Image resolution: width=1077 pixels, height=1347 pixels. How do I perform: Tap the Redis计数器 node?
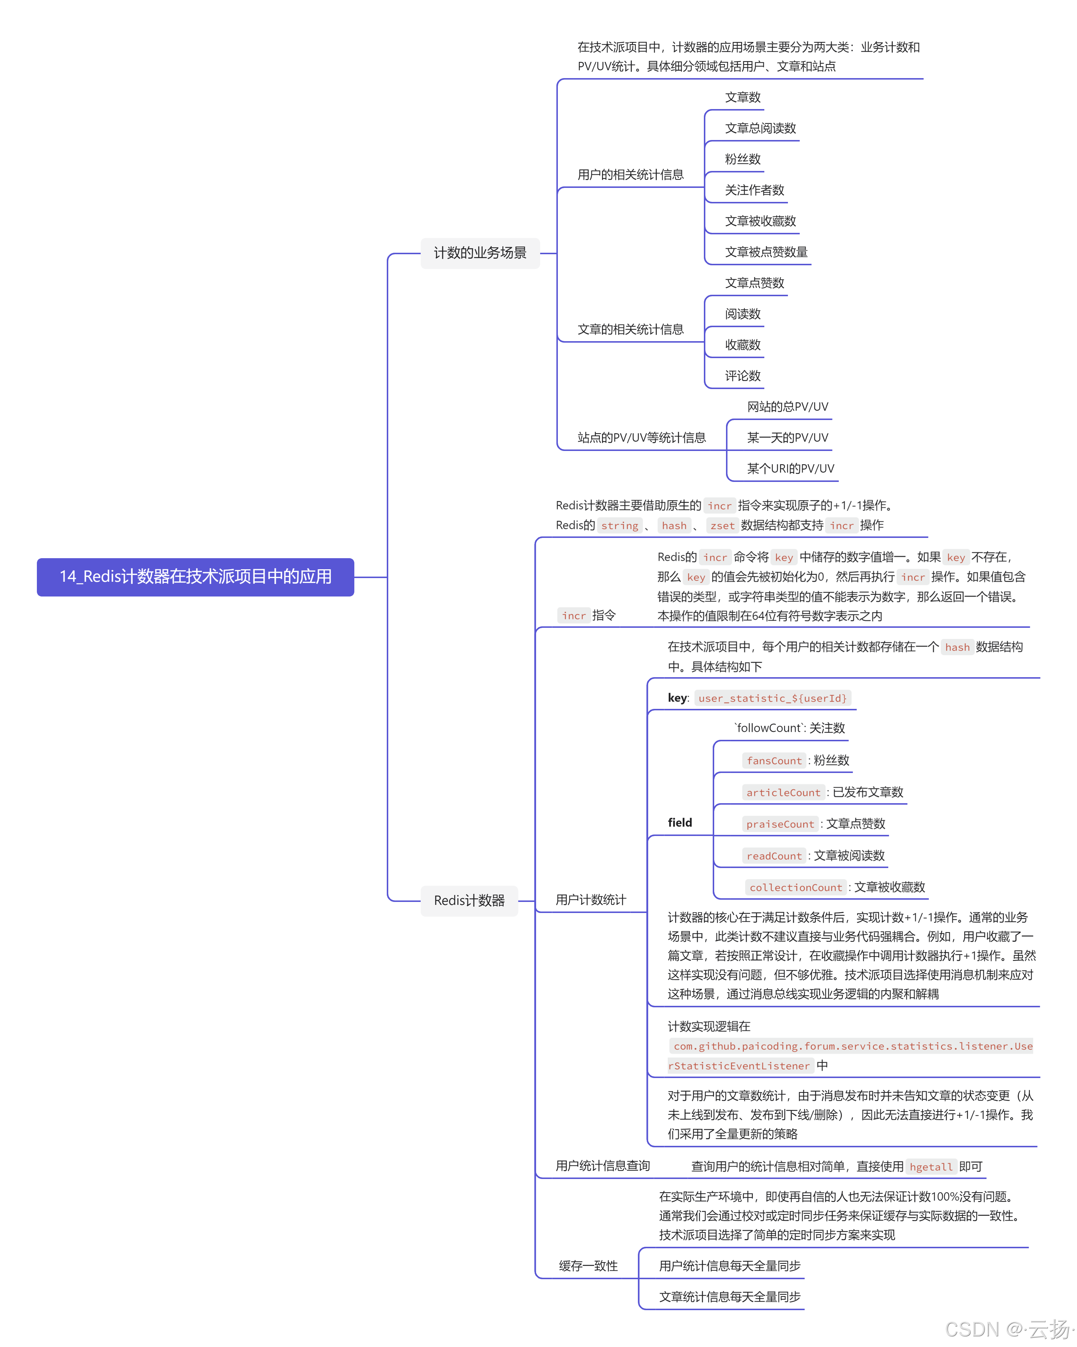click(469, 900)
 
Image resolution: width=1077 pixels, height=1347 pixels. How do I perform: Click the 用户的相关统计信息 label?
click(630, 175)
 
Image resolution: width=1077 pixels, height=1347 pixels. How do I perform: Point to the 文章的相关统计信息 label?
click(630, 329)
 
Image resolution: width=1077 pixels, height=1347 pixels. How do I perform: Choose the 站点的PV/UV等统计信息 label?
click(641, 437)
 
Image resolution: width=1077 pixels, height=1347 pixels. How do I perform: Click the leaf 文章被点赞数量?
click(766, 252)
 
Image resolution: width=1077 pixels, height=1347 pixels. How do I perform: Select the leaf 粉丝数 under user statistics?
click(743, 159)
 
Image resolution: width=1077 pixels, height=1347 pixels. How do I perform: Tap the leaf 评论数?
click(743, 375)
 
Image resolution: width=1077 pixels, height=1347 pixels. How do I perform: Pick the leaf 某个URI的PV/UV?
click(790, 469)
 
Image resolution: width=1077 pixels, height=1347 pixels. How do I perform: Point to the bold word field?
click(680, 822)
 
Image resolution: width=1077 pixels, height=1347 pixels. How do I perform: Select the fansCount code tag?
click(774, 760)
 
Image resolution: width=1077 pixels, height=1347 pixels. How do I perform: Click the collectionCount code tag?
click(796, 887)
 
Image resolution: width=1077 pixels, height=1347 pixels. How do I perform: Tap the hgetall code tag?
click(931, 1166)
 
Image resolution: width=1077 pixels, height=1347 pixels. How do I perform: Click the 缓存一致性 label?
click(588, 1266)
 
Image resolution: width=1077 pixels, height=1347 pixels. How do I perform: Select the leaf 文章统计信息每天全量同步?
click(729, 1297)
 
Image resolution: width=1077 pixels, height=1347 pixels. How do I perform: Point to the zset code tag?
click(722, 525)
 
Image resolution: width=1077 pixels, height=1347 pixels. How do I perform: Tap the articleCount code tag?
click(783, 792)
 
